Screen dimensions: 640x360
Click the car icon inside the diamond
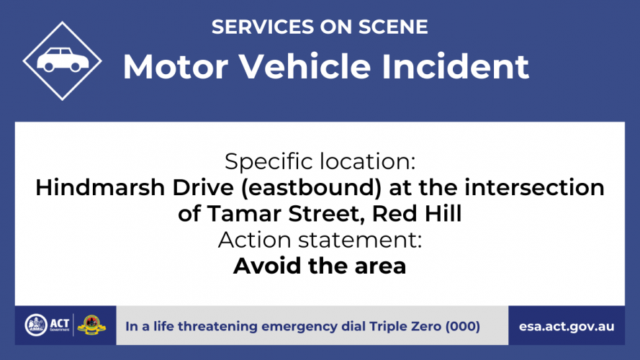pos(63,60)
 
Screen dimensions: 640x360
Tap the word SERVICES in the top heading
pos(263,27)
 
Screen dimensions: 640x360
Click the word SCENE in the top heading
pos(393,27)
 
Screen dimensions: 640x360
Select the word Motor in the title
pos(176,66)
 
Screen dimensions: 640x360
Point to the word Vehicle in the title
pos(305,66)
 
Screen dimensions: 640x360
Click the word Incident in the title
pos(455,66)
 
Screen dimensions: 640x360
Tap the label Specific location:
pos(320,161)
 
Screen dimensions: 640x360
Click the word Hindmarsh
pos(99,187)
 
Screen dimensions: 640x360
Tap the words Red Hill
pos(417,213)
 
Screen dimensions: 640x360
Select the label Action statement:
pos(320,240)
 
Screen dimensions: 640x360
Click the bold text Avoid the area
pos(320,266)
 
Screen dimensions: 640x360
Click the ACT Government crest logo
pos(36,325)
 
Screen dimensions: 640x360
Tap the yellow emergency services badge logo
pos(91,325)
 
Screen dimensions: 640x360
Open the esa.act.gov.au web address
pos(567,327)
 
